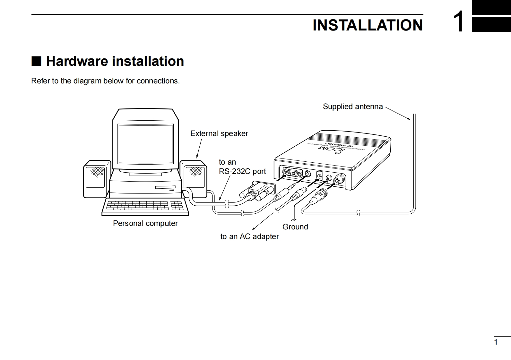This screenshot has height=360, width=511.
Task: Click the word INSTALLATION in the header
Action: [x=368, y=25]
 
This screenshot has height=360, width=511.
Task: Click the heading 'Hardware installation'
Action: [x=115, y=61]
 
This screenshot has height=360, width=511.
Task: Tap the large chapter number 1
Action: [x=458, y=22]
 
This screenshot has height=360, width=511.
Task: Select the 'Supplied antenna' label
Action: [x=352, y=107]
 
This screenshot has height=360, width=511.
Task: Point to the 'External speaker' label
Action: [x=219, y=133]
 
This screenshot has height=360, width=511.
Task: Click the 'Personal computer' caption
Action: [x=145, y=223]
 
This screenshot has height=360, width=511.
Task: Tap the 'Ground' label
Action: [x=295, y=227]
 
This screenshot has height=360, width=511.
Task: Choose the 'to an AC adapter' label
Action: [x=249, y=236]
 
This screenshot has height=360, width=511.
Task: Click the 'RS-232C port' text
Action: [x=242, y=171]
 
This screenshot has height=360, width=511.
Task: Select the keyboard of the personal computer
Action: [x=145, y=206]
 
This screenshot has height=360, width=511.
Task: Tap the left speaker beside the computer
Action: [x=97, y=179]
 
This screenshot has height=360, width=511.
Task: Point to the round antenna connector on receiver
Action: [x=339, y=180]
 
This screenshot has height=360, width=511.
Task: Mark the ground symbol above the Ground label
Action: [x=293, y=220]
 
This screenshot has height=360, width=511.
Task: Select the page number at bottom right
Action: [x=496, y=342]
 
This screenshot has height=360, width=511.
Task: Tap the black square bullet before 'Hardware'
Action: [x=36, y=61]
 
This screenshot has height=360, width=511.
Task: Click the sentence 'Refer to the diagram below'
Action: [x=105, y=81]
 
